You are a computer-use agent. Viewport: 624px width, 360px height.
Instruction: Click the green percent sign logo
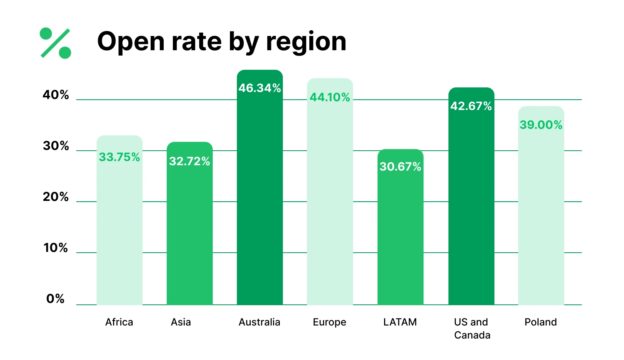click(56, 43)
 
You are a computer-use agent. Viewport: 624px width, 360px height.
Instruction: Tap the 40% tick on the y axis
click(56, 95)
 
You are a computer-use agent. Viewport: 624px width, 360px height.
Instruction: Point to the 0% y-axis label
click(56, 299)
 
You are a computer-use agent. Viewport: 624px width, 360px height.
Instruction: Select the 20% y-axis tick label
click(56, 197)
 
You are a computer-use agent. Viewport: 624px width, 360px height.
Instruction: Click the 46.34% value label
click(259, 88)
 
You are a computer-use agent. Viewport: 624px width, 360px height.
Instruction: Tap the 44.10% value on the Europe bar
click(330, 97)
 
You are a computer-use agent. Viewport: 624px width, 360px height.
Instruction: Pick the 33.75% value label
click(119, 157)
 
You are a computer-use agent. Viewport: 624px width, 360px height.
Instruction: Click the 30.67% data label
click(400, 166)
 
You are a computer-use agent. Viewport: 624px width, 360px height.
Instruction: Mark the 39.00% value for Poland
click(541, 125)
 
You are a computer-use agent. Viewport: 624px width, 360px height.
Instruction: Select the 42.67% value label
click(471, 106)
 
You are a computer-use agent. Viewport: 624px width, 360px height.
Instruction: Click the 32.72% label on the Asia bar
click(189, 161)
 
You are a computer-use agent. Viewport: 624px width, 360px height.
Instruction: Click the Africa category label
click(119, 322)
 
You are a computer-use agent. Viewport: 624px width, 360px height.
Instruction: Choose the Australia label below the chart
click(259, 322)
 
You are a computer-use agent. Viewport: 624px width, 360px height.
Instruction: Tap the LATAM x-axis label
click(400, 322)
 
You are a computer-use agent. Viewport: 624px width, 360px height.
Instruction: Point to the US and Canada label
click(471, 329)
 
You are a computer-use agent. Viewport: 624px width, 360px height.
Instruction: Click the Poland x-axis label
click(541, 322)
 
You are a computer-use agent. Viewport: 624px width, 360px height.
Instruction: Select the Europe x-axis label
click(330, 322)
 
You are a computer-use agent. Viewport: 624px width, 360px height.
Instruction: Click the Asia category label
click(181, 322)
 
